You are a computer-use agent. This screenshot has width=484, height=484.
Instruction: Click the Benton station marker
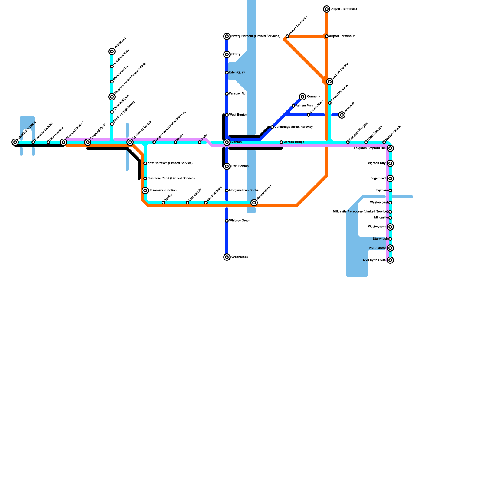click(227, 142)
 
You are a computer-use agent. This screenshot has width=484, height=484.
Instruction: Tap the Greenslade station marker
click(227, 257)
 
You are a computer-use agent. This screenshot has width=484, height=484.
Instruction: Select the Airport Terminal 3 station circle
click(327, 9)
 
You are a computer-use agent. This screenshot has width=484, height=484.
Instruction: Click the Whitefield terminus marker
click(112, 51)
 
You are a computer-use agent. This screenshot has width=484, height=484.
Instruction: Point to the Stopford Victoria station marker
click(15, 142)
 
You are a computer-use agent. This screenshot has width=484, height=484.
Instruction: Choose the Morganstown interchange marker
click(254, 203)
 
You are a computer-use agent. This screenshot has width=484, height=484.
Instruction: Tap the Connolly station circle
click(302, 97)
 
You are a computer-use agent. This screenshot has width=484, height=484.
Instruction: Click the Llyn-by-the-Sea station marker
click(390, 260)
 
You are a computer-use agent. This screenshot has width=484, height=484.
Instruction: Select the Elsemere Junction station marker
click(145, 191)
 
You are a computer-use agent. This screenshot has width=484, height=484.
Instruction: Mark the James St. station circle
click(342, 115)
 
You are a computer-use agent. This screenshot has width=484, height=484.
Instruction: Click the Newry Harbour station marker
click(227, 36)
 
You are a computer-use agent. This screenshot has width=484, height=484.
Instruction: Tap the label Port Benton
click(240, 166)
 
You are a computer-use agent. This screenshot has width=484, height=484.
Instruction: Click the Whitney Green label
click(240, 221)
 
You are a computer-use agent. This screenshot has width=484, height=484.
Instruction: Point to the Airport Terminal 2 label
click(342, 36)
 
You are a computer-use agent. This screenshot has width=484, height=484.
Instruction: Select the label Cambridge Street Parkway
click(293, 127)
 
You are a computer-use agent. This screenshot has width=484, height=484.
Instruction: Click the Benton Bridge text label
click(294, 142)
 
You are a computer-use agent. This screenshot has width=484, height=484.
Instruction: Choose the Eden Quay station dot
click(227, 73)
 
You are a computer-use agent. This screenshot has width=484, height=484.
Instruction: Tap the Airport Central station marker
click(330, 82)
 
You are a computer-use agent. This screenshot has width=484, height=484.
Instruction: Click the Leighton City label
click(376, 163)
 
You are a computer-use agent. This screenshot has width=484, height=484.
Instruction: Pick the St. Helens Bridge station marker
click(130, 142)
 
